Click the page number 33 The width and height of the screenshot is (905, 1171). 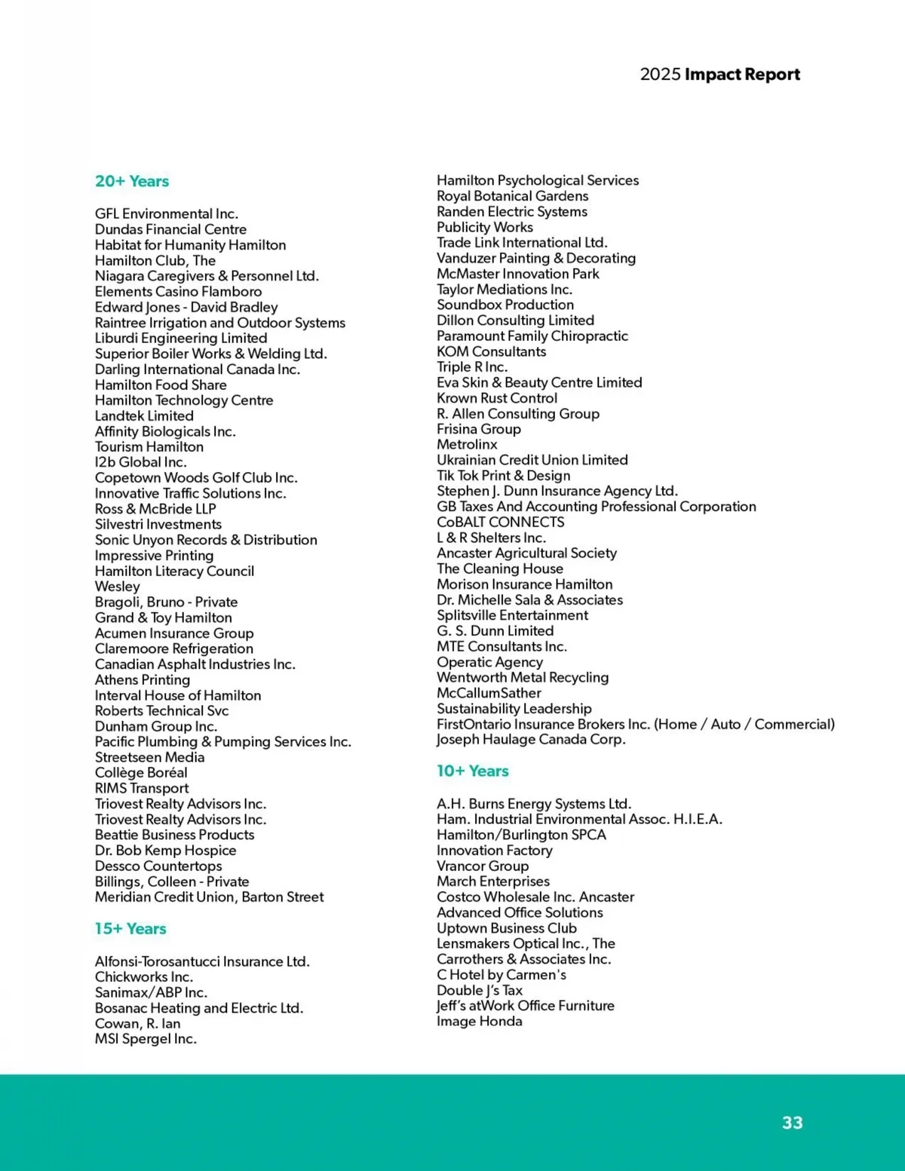(x=792, y=1123)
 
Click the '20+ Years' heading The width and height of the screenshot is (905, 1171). (x=132, y=181)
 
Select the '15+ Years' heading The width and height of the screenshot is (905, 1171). (x=130, y=928)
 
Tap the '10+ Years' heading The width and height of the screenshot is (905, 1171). (x=473, y=771)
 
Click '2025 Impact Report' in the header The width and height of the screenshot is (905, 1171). (x=719, y=74)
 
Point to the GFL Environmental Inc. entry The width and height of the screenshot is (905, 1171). (x=166, y=214)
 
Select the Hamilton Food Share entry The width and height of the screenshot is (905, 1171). (x=161, y=385)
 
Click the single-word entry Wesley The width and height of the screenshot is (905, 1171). (x=117, y=587)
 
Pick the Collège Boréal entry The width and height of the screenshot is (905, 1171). (x=141, y=773)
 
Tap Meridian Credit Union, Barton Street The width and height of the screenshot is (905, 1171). (x=209, y=897)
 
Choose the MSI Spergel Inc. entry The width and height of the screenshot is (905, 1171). (x=146, y=1039)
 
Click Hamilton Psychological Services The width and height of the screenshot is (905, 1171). (x=538, y=180)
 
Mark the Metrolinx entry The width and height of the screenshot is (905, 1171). (x=467, y=445)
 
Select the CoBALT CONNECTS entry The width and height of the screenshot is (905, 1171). (x=500, y=522)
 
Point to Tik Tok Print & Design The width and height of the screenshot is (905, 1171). (x=503, y=476)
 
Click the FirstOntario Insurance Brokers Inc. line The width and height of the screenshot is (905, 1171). (x=635, y=724)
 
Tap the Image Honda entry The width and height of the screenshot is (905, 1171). (x=479, y=1021)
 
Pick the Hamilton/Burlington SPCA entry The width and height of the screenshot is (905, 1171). (x=521, y=835)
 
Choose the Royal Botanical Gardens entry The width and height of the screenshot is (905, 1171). (x=512, y=196)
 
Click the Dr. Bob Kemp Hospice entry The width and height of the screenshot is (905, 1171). (x=165, y=851)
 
